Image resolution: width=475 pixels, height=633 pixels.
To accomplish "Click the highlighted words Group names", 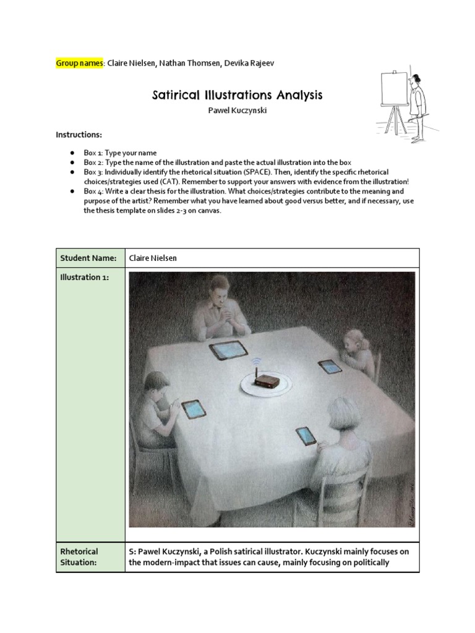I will click(x=80, y=63).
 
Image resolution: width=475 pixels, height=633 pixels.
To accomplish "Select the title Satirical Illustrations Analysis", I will click(x=237, y=95).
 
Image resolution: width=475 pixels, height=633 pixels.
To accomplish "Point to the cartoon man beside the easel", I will click(x=419, y=105).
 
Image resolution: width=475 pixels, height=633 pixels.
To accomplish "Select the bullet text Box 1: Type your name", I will click(x=121, y=153).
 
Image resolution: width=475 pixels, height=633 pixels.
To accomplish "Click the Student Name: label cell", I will click(x=90, y=258).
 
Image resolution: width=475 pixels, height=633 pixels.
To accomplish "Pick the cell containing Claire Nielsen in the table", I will click(x=272, y=258).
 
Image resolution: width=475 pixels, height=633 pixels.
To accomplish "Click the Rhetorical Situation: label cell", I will click(x=90, y=556).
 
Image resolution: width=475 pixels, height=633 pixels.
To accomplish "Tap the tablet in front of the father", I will click(x=229, y=350).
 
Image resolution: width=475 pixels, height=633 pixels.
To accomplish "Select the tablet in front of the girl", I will click(x=330, y=367).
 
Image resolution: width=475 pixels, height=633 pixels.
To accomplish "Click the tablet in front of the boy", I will click(x=193, y=409).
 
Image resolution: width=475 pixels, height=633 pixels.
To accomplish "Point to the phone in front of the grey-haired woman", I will click(x=306, y=436).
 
